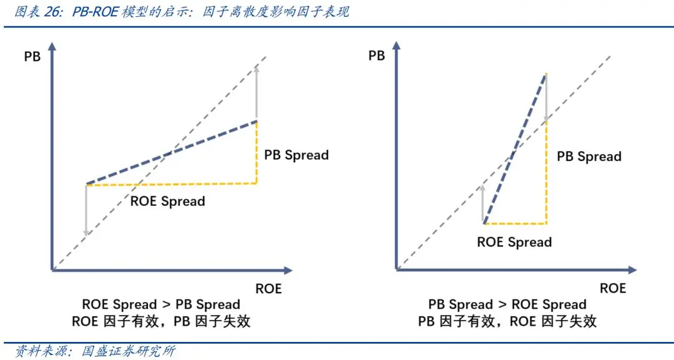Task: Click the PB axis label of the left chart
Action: point(32,57)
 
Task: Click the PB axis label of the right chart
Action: point(376,56)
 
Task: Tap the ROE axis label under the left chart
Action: point(268,289)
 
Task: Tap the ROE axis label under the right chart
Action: point(612,288)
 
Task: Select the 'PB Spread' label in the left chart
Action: point(296,155)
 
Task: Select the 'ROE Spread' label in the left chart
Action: point(167,201)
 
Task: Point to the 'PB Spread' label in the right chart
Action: point(589,156)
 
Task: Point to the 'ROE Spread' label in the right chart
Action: point(514,242)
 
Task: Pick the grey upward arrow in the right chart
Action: point(483,203)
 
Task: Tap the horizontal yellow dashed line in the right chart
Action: point(515,223)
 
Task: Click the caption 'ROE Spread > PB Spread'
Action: point(161,304)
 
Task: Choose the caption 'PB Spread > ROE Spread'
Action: point(507,304)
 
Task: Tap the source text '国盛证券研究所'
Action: point(129,351)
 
